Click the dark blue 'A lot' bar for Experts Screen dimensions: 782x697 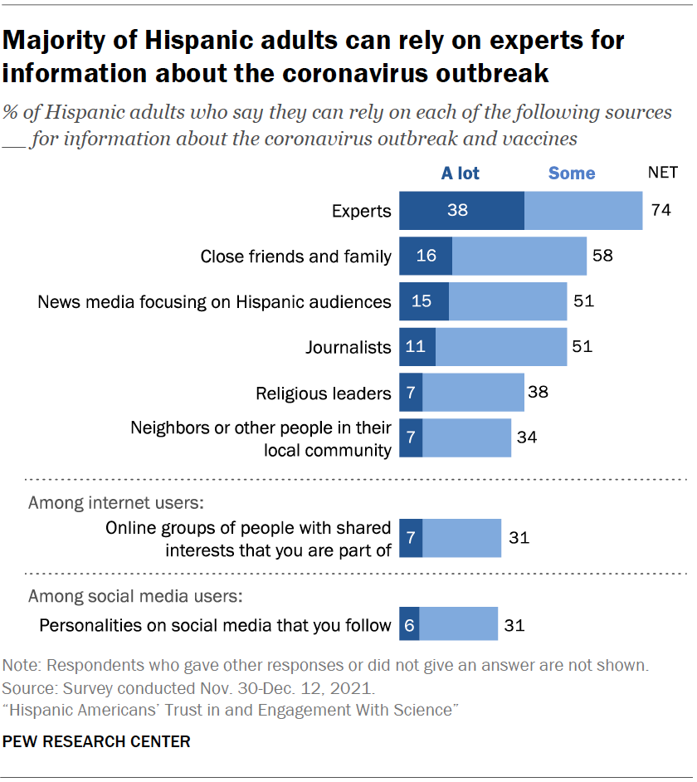461,210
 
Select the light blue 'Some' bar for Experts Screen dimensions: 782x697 583,210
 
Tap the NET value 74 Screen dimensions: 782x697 660,210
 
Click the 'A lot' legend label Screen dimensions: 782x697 460,173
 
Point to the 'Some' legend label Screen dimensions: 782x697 572,173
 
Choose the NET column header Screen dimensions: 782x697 662,173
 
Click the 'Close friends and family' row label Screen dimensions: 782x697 295,256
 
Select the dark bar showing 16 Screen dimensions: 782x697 426,256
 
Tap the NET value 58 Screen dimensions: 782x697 602,256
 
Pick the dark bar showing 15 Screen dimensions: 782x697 424,301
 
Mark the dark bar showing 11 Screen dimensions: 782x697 417,346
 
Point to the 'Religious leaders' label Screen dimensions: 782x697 323,392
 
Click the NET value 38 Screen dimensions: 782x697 538,392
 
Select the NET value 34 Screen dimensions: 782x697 525,437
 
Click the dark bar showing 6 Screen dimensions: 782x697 409,625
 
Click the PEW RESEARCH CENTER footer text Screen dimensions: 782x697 97,741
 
